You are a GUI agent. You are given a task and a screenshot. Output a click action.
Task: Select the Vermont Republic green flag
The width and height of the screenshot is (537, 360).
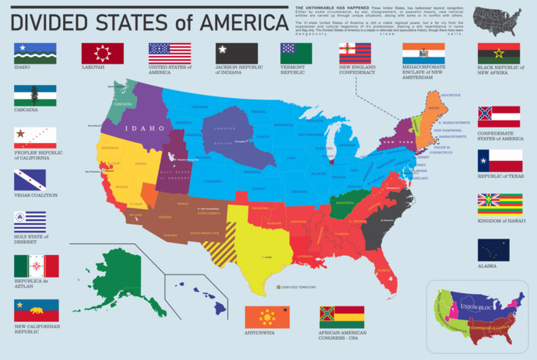tap(296, 53)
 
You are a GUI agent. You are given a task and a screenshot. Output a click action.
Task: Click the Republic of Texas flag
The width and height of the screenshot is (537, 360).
tap(499, 160)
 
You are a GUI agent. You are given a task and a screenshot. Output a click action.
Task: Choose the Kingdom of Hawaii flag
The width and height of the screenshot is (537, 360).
tap(499, 204)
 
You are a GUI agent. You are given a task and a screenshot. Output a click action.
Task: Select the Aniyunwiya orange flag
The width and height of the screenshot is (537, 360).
tap(267, 317)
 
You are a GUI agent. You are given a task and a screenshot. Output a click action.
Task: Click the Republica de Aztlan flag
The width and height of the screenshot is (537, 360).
tap(36, 266)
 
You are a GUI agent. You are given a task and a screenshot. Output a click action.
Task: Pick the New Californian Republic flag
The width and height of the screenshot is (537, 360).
tap(36, 310)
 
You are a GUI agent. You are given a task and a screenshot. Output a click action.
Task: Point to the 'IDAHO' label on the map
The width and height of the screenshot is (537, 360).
tap(147, 128)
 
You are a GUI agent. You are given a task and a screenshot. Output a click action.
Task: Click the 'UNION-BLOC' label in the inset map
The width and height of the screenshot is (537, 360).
tap(479, 307)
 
